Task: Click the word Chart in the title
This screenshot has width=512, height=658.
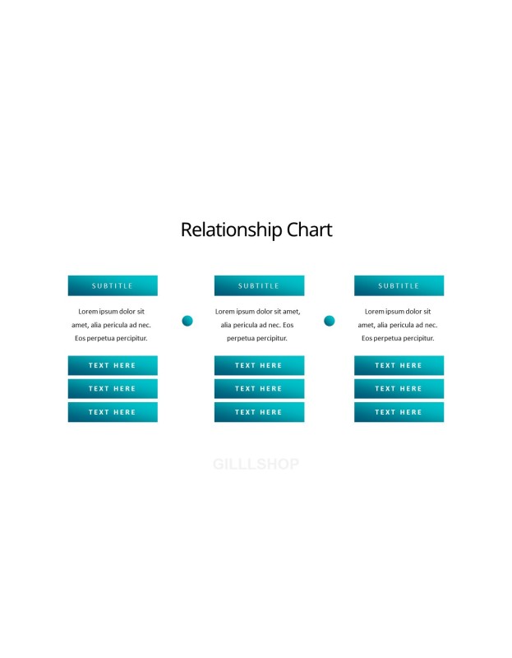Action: (310, 229)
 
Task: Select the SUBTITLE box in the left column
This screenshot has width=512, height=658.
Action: (113, 285)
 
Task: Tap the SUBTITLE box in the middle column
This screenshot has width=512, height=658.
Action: (259, 285)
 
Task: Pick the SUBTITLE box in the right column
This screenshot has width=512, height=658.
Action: (399, 285)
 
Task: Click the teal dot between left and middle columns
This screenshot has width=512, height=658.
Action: (187, 321)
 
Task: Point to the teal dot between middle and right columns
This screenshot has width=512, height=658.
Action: (330, 321)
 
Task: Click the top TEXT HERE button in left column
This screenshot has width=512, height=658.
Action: (113, 365)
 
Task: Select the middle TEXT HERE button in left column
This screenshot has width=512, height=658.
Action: (113, 388)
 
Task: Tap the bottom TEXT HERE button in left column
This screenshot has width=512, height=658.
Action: (113, 412)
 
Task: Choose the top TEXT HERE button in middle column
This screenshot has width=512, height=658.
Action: (259, 365)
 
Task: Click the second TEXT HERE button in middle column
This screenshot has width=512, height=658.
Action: (259, 388)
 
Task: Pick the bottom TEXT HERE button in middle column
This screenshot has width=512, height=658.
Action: (259, 412)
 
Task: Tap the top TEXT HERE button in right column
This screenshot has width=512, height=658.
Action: (399, 365)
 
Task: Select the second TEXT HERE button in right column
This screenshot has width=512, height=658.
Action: (399, 388)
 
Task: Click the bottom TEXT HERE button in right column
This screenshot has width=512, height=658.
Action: (399, 412)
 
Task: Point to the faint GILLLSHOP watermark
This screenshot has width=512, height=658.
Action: (256, 464)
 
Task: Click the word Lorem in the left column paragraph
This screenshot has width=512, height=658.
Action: (88, 312)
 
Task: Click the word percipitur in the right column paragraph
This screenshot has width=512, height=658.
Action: (417, 338)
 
